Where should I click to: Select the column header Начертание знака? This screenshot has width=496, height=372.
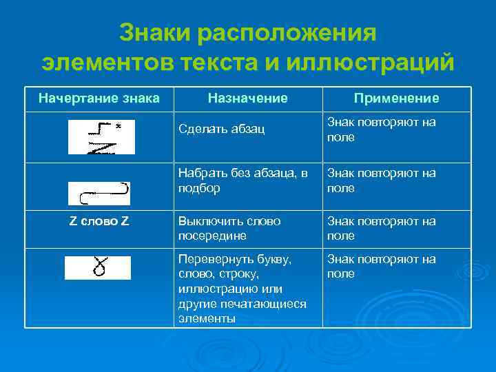[x=99, y=99]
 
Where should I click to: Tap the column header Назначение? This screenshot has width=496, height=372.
[x=248, y=99]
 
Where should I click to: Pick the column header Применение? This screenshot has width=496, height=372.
[x=396, y=99]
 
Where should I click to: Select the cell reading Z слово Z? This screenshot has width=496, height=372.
[x=99, y=221]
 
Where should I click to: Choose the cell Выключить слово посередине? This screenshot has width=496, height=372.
[x=229, y=229]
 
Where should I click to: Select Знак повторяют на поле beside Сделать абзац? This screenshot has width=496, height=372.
[x=381, y=130]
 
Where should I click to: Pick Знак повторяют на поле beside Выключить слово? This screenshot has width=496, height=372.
[x=381, y=229]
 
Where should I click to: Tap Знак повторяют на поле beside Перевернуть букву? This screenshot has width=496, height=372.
[x=381, y=267]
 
